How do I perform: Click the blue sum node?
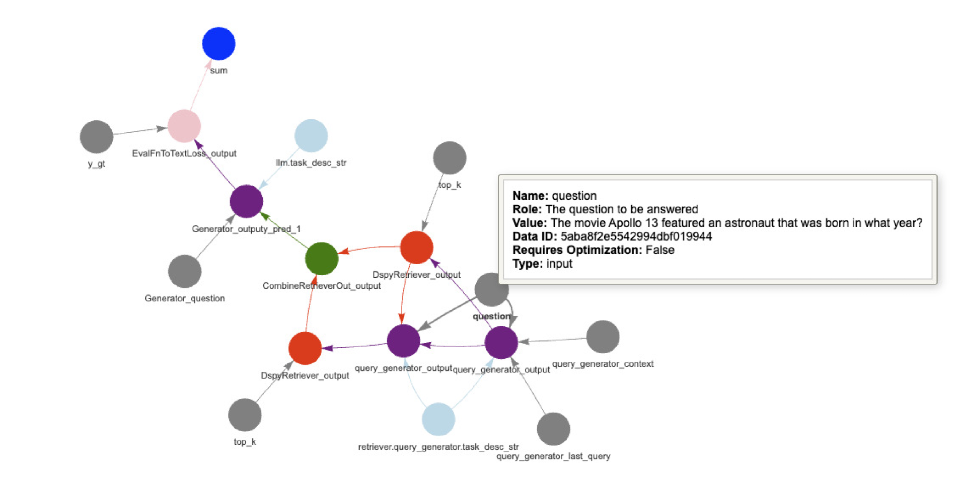click(218, 44)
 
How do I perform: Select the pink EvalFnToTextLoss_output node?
click(184, 126)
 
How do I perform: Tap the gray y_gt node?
click(96, 137)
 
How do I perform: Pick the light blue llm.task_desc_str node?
click(311, 136)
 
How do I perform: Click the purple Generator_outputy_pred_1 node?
click(246, 201)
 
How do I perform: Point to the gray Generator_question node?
click(185, 271)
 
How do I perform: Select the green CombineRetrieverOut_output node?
click(321, 259)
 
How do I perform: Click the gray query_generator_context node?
click(603, 337)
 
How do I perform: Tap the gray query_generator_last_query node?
click(553, 429)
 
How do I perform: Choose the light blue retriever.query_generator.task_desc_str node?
click(438, 419)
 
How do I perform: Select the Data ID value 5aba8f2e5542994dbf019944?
click(636, 236)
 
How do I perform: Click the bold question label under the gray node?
click(491, 316)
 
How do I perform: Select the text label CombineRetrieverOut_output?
click(321, 286)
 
